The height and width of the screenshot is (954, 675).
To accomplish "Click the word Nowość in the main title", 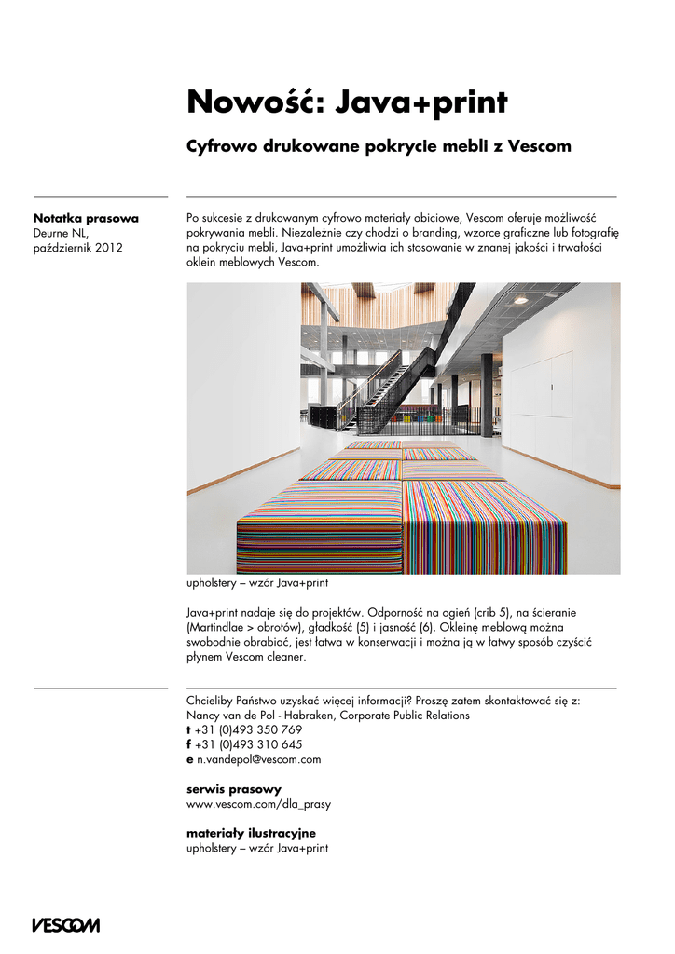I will click(x=240, y=102).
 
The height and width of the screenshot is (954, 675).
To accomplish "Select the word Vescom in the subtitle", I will click(x=539, y=147).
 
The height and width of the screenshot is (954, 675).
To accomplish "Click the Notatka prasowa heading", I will click(x=86, y=218).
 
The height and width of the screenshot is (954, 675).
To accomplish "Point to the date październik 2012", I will click(x=77, y=248).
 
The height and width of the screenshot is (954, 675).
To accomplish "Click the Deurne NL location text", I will click(x=61, y=233).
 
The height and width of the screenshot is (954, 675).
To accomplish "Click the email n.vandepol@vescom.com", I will click(x=258, y=760).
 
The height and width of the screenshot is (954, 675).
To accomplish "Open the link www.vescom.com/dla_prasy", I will click(x=258, y=803).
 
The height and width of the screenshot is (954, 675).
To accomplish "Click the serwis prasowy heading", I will click(x=234, y=789).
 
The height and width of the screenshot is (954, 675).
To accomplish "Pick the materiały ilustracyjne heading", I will click(x=251, y=833).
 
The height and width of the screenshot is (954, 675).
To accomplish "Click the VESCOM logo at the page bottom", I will click(x=65, y=925).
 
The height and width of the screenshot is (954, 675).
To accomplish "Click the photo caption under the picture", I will click(x=257, y=584).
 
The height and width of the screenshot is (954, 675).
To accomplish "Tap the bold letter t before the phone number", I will click(x=189, y=730).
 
